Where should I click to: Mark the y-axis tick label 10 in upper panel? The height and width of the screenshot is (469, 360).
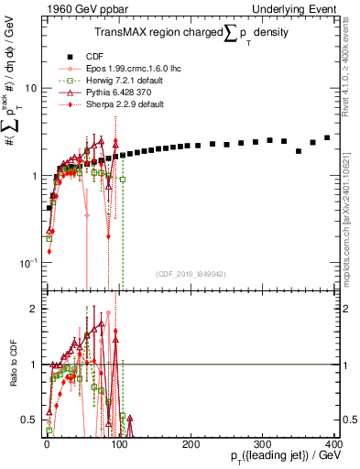[x=29, y=89]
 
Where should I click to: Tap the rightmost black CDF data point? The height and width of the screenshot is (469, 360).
[x=327, y=137]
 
